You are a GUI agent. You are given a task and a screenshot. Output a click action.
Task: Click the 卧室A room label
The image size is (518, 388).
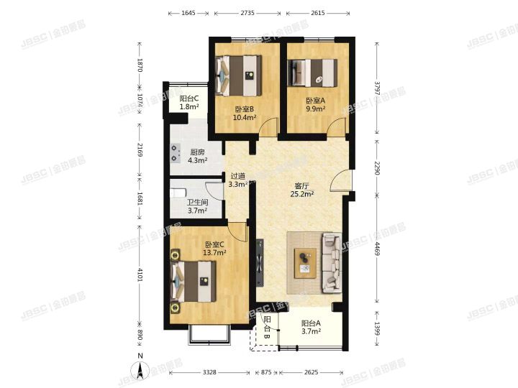click(316, 105)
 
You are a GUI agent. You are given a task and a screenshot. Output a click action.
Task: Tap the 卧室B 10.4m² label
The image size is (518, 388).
click(245, 114)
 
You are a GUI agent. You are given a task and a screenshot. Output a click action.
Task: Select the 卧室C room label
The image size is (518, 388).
click(214, 249)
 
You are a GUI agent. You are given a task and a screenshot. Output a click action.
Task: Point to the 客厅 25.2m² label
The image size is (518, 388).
click(302, 190)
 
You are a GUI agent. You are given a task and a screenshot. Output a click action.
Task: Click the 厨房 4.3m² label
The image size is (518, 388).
click(198, 156)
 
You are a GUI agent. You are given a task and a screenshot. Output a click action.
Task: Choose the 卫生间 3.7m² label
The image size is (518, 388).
click(198, 206)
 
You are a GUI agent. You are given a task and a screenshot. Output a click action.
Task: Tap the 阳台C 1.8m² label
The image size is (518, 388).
click(189, 102)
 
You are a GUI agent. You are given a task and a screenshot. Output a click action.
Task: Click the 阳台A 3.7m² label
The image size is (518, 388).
click(311, 328)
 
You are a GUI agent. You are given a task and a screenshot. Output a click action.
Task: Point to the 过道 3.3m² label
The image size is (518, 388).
click(238, 180)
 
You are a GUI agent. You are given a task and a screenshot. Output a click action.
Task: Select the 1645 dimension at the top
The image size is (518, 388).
click(188, 13)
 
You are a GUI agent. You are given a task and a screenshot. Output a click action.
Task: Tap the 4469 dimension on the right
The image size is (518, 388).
click(377, 248)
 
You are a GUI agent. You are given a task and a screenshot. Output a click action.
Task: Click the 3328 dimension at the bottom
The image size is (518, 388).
click(209, 372)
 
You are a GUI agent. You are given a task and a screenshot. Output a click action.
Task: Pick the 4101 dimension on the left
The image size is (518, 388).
click(140, 274)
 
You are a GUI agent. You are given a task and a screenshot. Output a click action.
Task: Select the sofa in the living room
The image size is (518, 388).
click(332, 263)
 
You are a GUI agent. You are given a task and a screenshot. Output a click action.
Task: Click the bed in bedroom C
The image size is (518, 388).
click(194, 282)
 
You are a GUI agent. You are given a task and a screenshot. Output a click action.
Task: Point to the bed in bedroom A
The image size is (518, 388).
click(312, 73)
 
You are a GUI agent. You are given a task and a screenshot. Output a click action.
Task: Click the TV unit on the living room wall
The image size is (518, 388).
click(260, 263)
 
